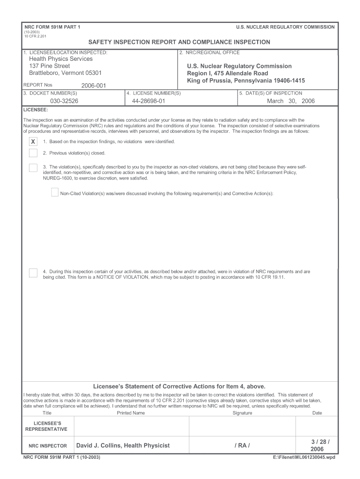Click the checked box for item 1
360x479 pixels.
tap(33, 142)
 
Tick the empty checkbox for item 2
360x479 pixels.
tap(33, 153)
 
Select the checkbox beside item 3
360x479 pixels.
tap(33, 167)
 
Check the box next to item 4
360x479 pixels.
tap(33, 273)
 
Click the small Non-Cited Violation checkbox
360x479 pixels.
tap(55, 193)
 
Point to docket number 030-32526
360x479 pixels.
tap(65, 101)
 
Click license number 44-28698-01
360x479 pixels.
tap(149, 101)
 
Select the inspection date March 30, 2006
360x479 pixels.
tap(291, 101)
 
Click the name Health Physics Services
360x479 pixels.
tap(61, 59)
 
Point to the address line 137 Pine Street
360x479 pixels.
tap(50, 66)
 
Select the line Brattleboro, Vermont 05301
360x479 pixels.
tap(65, 73)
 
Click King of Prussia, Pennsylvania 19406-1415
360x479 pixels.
tap(246, 81)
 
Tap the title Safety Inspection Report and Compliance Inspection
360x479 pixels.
tap(180, 42)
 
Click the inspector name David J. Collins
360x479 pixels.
tap(123, 446)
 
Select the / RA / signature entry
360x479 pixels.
tap(242, 446)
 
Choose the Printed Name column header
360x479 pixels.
tap(131, 413)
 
